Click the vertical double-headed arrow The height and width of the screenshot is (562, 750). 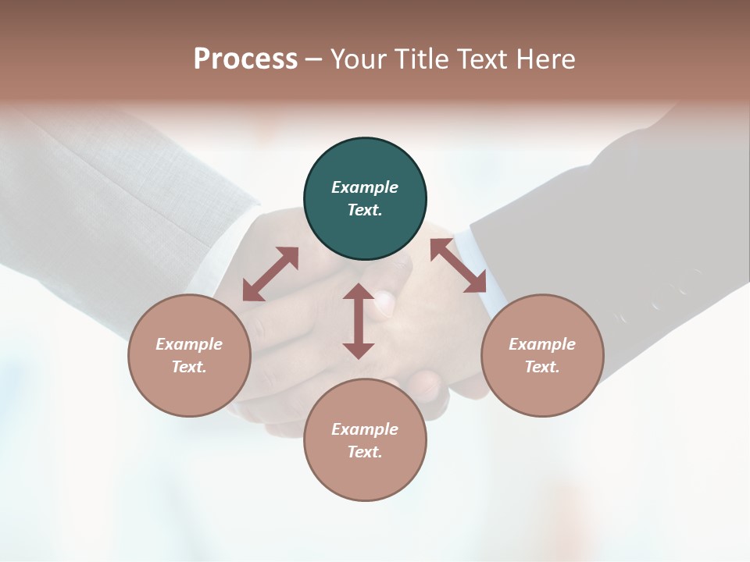359,321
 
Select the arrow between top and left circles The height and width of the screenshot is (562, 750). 270,274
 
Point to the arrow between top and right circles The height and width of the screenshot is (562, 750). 458,265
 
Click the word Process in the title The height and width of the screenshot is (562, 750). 245,59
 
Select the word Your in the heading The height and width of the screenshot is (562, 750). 357,59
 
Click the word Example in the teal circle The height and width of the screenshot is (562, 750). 365,187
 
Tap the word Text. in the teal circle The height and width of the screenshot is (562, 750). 365,210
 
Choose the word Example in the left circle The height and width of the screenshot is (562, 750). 189,344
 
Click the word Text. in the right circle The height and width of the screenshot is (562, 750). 542,367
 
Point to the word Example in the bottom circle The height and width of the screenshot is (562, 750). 365,429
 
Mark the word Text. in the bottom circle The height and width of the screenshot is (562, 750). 365,452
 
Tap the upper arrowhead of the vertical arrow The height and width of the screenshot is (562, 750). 359,292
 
